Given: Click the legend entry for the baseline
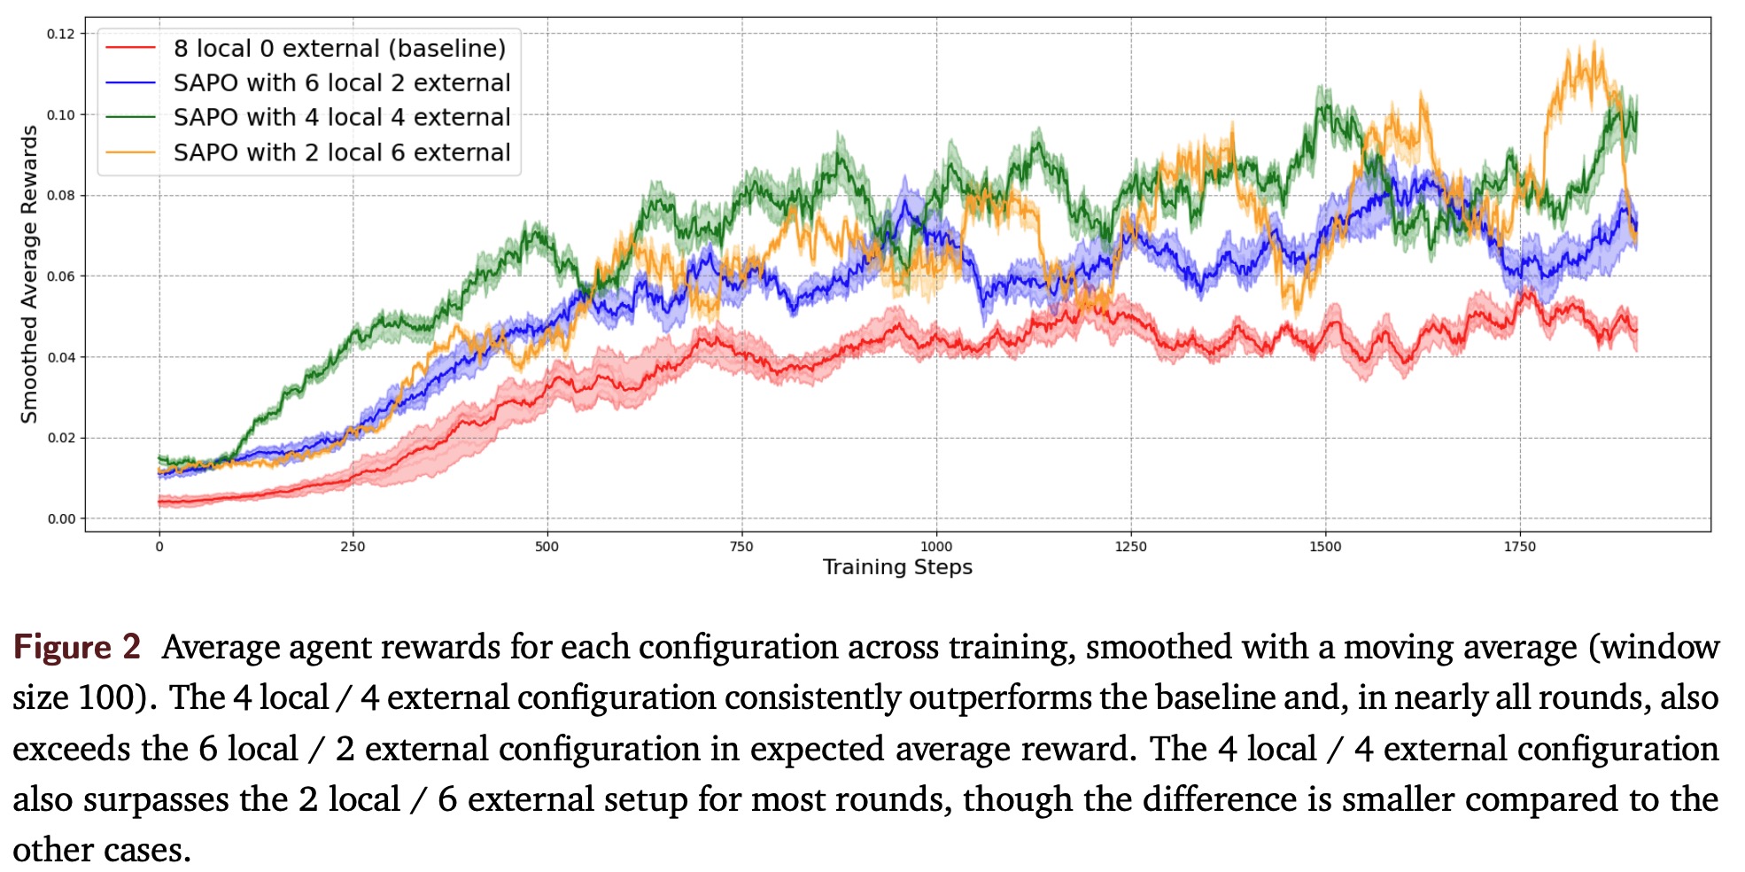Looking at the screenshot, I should click(339, 49).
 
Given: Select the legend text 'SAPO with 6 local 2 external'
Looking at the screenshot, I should click(342, 83).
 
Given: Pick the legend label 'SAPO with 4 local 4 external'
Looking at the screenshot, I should click(342, 118).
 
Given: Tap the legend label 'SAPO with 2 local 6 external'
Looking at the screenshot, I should click(342, 152).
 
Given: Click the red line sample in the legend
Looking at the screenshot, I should click(130, 49).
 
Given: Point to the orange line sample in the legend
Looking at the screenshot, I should click(130, 152).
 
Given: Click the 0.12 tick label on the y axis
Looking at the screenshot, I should click(61, 34).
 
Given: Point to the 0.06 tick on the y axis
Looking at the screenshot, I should click(61, 276).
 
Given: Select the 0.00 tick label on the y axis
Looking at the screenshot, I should click(61, 519).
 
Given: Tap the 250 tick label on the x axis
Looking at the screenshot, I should click(353, 547).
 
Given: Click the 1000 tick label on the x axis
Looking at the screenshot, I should click(936, 547).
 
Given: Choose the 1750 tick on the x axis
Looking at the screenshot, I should click(1519, 547).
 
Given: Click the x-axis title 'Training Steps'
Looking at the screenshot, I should click(897, 567).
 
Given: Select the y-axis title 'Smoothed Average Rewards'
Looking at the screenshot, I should click(29, 274).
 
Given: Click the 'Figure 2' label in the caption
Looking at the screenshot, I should click(77, 647).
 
